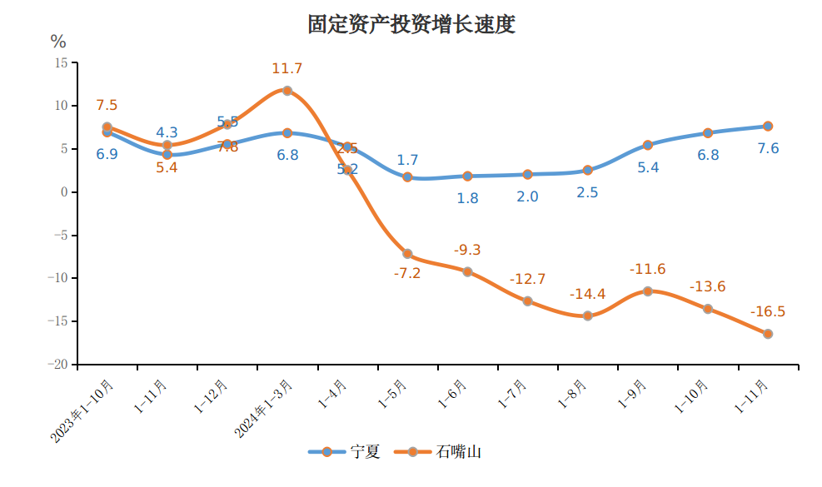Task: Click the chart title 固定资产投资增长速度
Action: pyautogui.click(x=411, y=24)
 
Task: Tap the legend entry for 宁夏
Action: pyautogui.click(x=345, y=451)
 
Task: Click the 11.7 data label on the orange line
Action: pyautogui.click(x=287, y=69)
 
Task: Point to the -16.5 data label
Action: pyautogui.click(x=768, y=312)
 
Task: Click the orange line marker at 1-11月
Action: pyautogui.click(x=768, y=334)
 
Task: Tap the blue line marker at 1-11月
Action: pyautogui.click(x=768, y=127)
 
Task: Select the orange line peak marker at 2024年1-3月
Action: pyautogui.click(x=287, y=91)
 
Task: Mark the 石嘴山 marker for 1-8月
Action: pyautogui.click(x=588, y=316)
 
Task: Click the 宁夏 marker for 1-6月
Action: pyautogui.click(x=467, y=176)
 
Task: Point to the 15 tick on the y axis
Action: pyautogui.click(x=61, y=62)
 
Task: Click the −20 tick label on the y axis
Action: pyautogui.click(x=57, y=365)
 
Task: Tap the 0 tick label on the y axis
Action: pyautogui.click(x=63, y=192)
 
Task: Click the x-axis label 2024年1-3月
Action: pyautogui.click(x=263, y=409)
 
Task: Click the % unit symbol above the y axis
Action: pyautogui.click(x=58, y=42)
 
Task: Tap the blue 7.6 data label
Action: pyautogui.click(x=768, y=149)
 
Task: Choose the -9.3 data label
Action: pyautogui.click(x=467, y=250)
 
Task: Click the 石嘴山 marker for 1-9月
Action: pyautogui.click(x=648, y=291)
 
